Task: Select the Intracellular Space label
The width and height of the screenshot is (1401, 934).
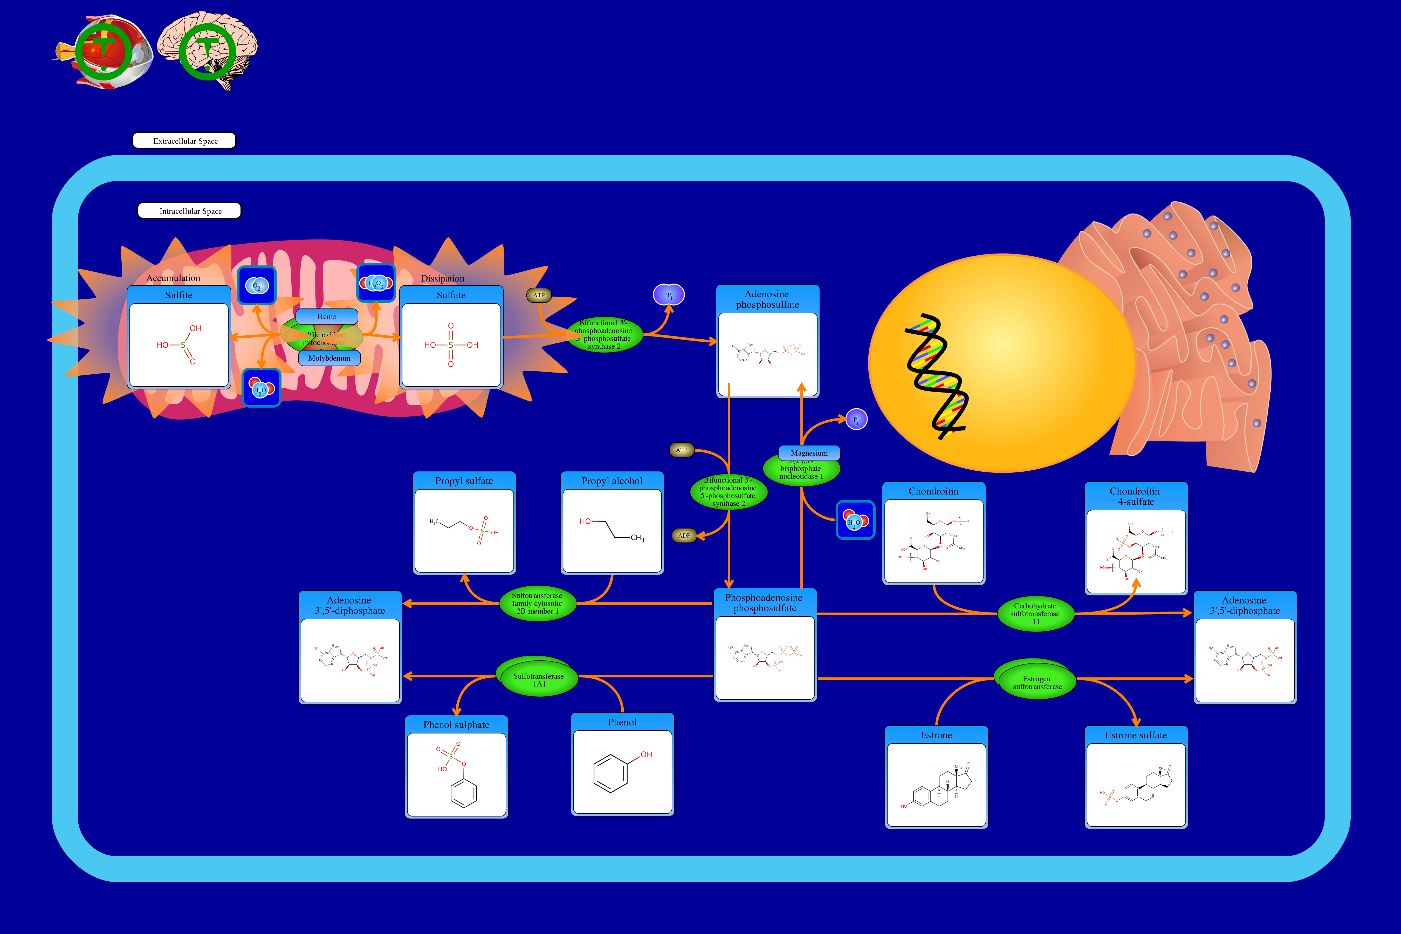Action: (189, 211)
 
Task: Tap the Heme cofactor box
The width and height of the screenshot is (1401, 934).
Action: (326, 316)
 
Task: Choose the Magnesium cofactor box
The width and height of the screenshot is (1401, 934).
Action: (809, 453)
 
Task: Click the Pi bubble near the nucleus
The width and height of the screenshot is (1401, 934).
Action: (856, 419)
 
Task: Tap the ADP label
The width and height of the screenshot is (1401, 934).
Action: (684, 535)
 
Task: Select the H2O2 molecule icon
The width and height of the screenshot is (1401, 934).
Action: (376, 283)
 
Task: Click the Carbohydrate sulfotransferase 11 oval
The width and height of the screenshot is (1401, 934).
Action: (1035, 614)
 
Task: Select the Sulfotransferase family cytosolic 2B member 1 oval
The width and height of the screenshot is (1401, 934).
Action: (537, 603)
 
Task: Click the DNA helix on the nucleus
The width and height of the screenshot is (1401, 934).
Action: (934, 375)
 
